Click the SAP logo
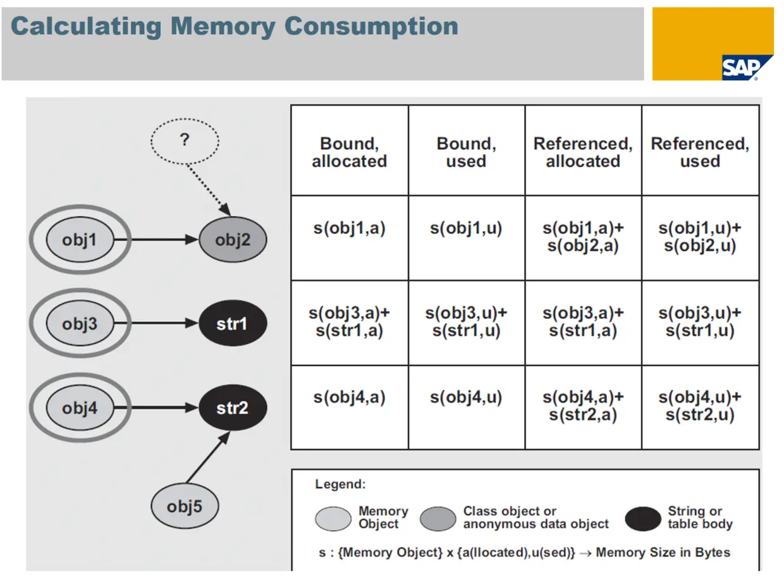[747, 67]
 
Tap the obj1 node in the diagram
[80, 240]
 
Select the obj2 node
[233, 240]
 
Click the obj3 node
[80, 324]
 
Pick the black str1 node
[232, 324]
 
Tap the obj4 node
[80, 408]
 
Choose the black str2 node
[232, 408]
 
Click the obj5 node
[185, 506]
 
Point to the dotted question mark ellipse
[185, 140]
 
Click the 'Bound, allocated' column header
[349, 152]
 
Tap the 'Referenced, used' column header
[700, 152]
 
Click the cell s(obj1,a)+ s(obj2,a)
[583, 237]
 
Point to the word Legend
[340, 485]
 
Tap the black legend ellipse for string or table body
[643, 519]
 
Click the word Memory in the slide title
[223, 27]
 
